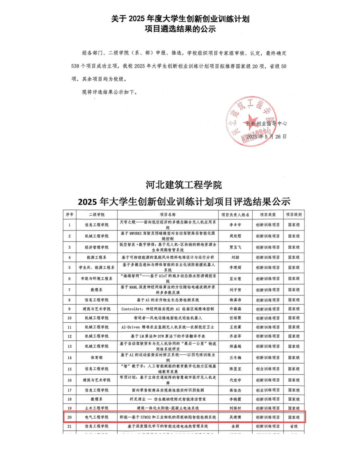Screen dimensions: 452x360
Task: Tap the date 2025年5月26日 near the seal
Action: tap(266, 136)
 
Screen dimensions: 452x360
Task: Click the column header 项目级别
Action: tap(295, 215)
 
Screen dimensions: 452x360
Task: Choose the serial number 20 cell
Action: tap(70, 417)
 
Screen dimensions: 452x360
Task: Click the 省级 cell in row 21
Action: tap(295, 427)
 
